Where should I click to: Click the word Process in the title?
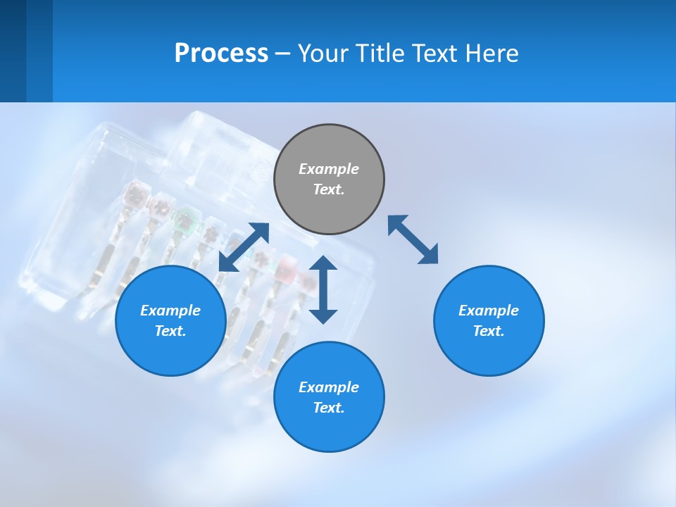coord(221,54)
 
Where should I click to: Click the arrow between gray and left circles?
coord(244,247)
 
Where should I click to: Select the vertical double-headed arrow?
coord(323,289)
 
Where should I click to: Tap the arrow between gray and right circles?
coord(413,239)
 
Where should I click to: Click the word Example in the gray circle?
coord(329,169)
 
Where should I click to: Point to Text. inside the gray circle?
coord(329,189)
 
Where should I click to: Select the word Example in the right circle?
coord(489,311)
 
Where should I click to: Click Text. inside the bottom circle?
coord(329,408)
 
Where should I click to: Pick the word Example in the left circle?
coord(170,311)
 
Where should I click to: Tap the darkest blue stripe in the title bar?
coord(13,51)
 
